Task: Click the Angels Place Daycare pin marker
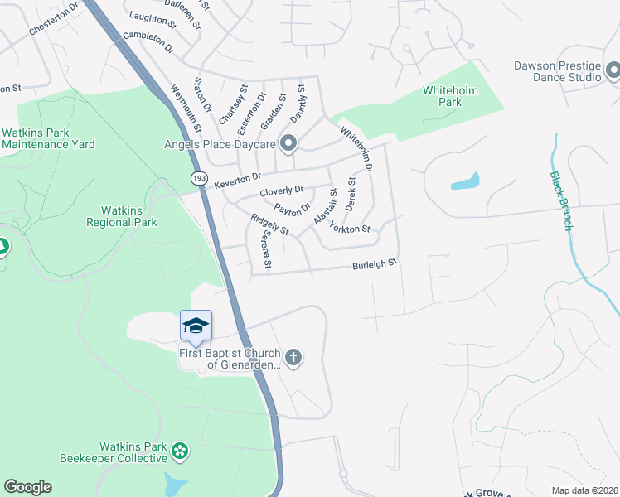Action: [x=288, y=144]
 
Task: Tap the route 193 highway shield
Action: [x=199, y=178]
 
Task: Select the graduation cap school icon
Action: [x=196, y=325]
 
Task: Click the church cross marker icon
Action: [x=294, y=357]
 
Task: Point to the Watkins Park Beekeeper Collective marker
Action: [x=180, y=452]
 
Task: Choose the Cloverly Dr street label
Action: [x=282, y=191]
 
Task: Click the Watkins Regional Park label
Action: [x=122, y=216]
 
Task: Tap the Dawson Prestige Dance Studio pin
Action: [x=613, y=71]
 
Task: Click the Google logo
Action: [x=27, y=487]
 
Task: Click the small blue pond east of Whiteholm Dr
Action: [x=465, y=181]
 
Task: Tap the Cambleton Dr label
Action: [x=148, y=43]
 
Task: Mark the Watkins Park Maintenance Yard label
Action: [x=48, y=138]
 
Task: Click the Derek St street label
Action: [x=351, y=193]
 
